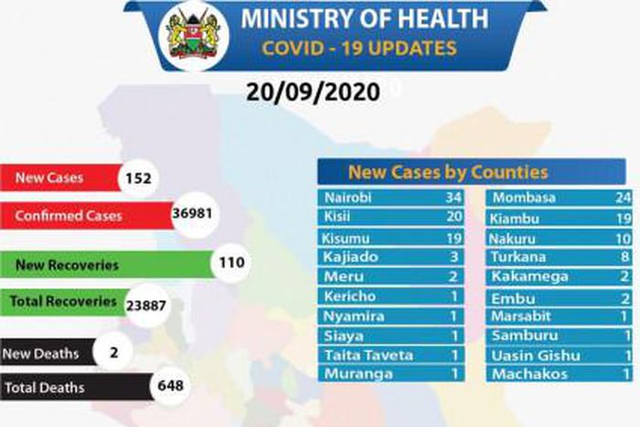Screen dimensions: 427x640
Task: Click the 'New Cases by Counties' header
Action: tap(447, 172)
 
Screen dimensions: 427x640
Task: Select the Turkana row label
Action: tap(518, 257)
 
